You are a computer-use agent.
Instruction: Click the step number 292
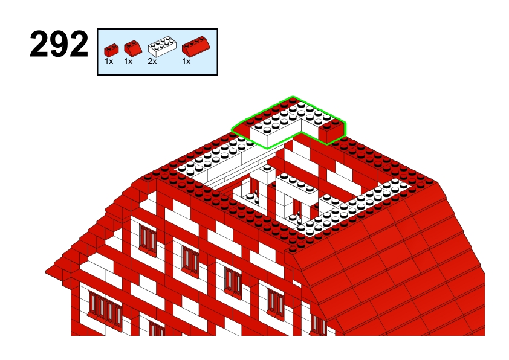coord(59,44)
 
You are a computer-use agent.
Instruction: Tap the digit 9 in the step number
coord(59,44)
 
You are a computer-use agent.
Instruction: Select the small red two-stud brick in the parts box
coord(111,50)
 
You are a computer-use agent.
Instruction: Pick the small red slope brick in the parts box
coord(133,47)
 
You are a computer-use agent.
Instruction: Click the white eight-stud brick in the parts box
coord(162,46)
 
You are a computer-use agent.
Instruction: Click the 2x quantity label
coord(152,61)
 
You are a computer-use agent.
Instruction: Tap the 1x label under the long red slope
coord(186,61)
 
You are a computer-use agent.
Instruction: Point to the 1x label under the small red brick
coord(109,61)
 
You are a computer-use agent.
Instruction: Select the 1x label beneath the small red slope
coord(128,61)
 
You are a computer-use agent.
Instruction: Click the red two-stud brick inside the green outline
coord(331,130)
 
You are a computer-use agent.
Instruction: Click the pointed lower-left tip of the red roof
coord(46,271)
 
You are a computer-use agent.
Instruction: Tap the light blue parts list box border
coord(157,29)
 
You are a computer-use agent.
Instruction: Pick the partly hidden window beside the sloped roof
coord(318,324)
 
